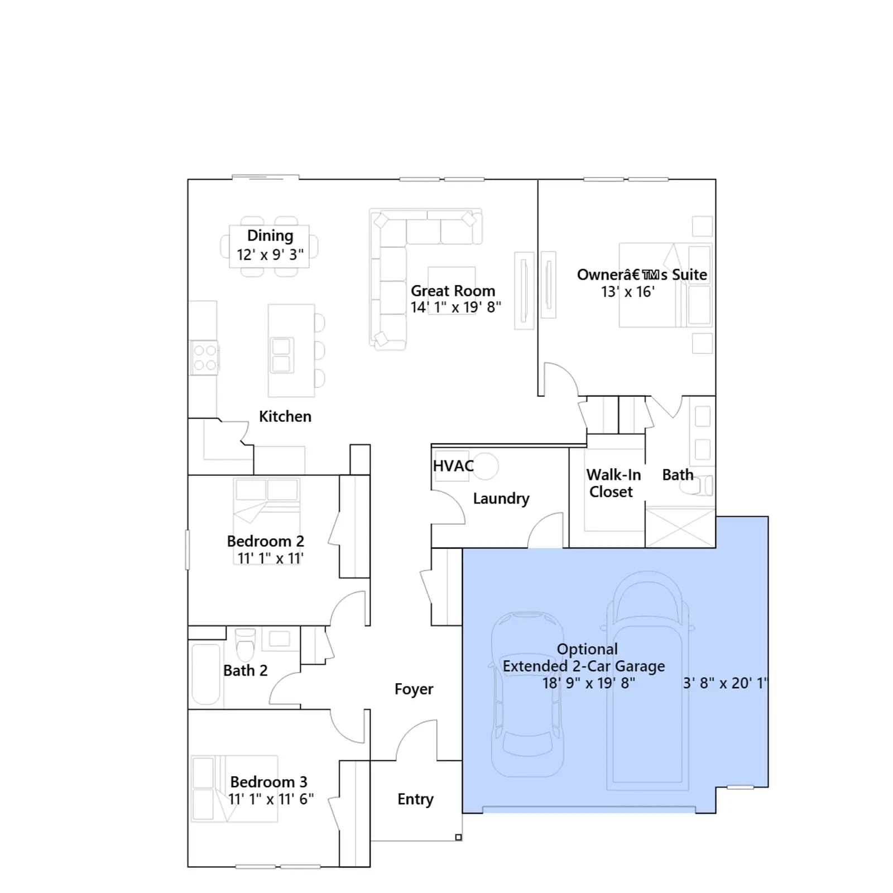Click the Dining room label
click(x=270, y=236)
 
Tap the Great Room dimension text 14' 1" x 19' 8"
click(x=456, y=308)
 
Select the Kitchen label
click(x=285, y=416)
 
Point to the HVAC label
click(x=453, y=465)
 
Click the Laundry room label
click(x=501, y=498)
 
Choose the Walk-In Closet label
click(x=613, y=483)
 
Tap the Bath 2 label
click(x=246, y=670)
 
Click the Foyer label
click(x=414, y=689)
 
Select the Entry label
click(x=415, y=799)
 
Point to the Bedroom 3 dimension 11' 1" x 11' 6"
click(x=271, y=799)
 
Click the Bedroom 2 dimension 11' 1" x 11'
click(x=271, y=558)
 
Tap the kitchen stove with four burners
click(x=205, y=358)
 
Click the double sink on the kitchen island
click(x=281, y=355)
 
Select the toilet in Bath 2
click(x=245, y=645)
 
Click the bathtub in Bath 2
click(x=206, y=674)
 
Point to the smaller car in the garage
click(x=527, y=694)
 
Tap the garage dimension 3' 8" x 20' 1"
click(x=726, y=683)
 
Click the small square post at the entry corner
click(x=458, y=837)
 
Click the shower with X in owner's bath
click(x=680, y=527)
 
